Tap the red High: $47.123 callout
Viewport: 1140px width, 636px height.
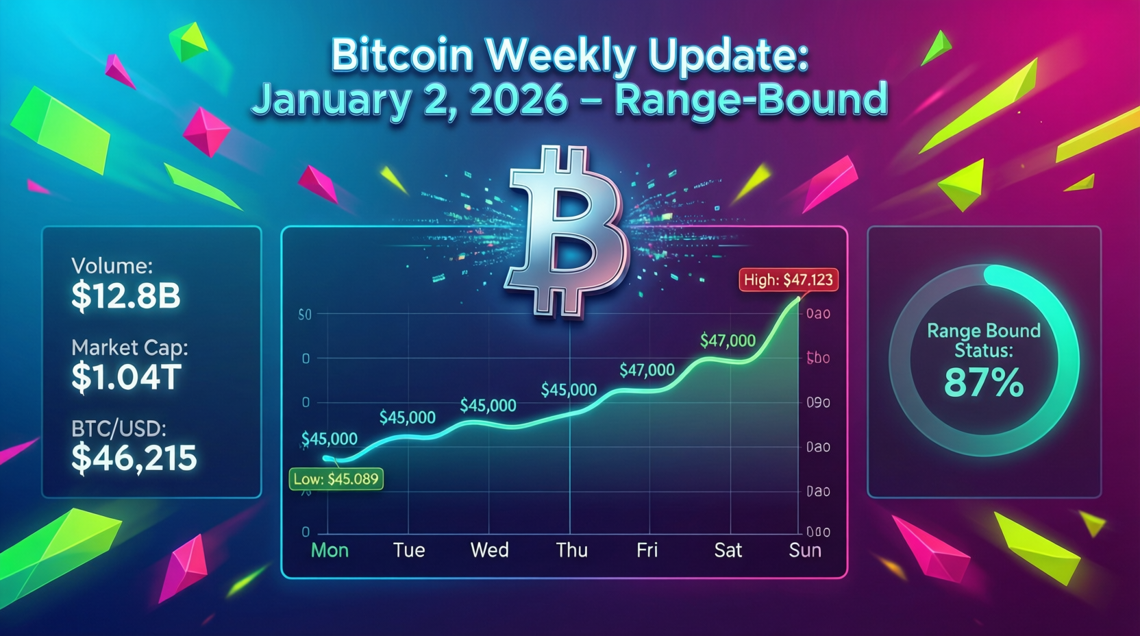788,280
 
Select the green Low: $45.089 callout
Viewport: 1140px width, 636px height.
336,479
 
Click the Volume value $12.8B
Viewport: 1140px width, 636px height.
125,296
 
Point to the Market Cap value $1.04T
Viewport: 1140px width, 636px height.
126,377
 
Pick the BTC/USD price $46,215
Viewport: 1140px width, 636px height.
134,458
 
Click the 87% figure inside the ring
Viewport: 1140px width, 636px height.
984,382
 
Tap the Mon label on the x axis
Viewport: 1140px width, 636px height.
330,550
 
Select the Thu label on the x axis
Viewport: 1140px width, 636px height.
571,550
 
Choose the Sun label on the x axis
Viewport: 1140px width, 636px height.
804,550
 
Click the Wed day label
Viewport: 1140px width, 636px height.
489,550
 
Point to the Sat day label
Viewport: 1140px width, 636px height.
728,550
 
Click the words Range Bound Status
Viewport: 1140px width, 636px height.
984,341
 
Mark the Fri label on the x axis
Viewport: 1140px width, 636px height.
647,550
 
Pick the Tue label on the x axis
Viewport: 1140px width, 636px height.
409,550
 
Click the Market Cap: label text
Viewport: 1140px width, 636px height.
129,347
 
